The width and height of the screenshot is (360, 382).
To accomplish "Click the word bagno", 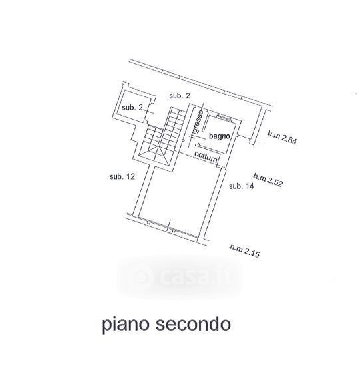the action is pos(219,136).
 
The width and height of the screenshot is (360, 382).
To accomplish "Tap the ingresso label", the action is pos(197,124).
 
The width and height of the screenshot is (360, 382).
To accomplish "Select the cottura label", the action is pos(206,157).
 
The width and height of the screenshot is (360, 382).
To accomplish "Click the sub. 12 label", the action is pos(122,176).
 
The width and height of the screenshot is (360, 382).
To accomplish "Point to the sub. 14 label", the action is pos(241,186).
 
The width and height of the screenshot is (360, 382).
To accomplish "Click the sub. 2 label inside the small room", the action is pos(132,107).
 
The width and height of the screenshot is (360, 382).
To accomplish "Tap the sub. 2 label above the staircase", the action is pos(180,96).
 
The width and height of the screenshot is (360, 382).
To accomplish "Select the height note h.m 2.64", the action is pos(282,137).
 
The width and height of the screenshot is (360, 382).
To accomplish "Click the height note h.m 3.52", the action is pos(268,180).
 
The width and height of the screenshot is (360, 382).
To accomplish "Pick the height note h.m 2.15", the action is pos(244,250).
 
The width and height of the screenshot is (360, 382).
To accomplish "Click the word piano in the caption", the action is pos(126,325).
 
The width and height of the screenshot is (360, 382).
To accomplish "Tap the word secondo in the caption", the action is pos(193,324).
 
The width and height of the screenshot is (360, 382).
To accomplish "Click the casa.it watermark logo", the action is pos(180,277).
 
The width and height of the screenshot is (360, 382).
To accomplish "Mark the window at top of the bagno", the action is pos(224,117).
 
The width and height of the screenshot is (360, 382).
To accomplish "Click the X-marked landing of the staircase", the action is pos(154,155).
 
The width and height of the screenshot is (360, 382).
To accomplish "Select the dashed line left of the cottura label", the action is pos(186,154).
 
